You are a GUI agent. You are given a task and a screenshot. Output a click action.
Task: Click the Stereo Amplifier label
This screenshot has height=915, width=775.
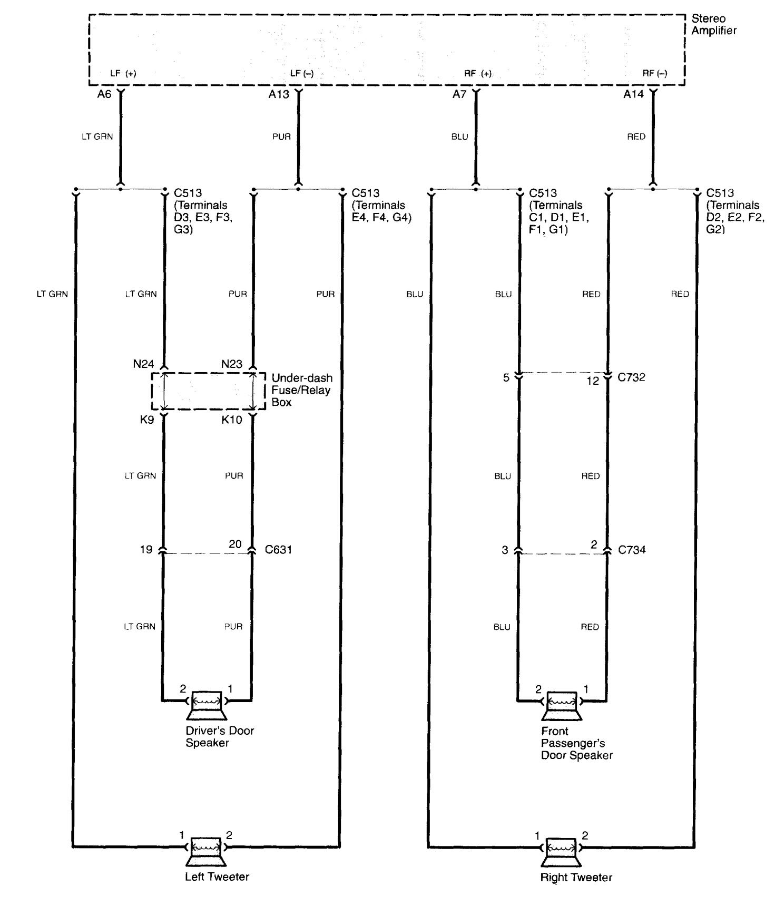point(713,25)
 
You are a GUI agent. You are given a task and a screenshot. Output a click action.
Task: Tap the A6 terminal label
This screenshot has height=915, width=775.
point(104,94)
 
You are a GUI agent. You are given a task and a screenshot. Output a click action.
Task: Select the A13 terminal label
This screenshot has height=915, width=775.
point(279,94)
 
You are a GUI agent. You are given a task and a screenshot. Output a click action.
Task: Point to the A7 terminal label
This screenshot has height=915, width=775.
point(459,94)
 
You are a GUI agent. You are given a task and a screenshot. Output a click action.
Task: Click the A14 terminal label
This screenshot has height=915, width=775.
point(633,94)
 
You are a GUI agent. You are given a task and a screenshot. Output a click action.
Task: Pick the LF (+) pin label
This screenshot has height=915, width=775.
point(123,73)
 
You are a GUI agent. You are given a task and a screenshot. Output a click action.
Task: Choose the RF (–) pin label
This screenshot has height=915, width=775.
point(654,73)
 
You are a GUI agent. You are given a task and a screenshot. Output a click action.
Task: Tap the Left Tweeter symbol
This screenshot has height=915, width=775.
point(206,851)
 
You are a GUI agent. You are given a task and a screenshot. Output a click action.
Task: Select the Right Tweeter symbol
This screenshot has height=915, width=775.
point(562,851)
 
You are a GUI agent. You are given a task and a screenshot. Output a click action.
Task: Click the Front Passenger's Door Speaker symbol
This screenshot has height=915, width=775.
point(562,705)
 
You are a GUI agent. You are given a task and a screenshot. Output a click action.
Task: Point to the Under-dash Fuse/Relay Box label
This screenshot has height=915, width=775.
point(302,390)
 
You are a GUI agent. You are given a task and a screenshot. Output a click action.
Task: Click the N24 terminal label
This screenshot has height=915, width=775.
point(143,364)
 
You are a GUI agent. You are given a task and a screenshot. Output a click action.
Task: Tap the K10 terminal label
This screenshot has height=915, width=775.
point(232,420)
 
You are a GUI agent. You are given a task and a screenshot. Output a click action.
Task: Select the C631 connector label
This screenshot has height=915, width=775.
point(278,550)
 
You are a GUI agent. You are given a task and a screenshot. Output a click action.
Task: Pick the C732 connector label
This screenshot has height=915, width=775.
point(631,377)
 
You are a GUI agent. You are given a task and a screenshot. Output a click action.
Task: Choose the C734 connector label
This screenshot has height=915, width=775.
point(632,550)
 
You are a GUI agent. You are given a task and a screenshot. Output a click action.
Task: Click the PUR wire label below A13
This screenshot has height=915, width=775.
point(281,137)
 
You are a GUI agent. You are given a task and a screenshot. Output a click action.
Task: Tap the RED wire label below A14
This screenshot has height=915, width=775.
point(636,137)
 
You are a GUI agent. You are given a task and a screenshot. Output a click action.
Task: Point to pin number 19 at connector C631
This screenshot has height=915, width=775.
point(146,550)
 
